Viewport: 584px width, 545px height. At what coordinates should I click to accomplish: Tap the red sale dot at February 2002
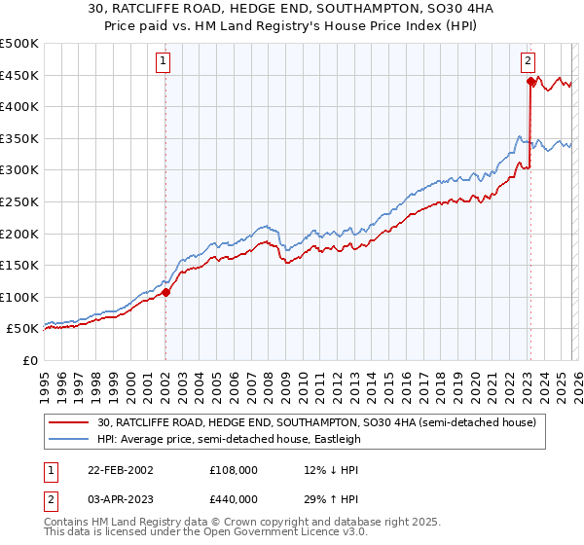click(165, 291)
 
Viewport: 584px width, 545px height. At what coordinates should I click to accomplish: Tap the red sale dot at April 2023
click(530, 82)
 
